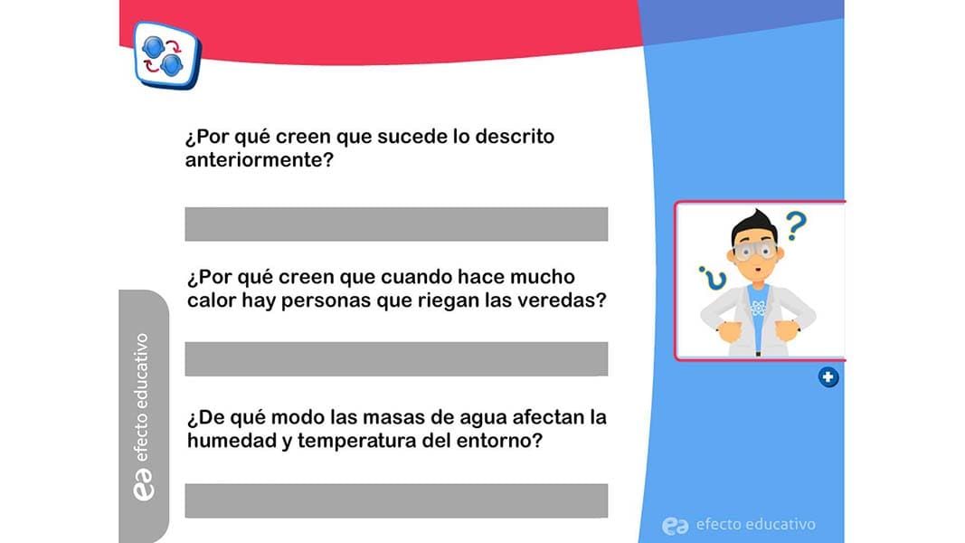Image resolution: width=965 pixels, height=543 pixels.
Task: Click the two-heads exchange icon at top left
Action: pyautogui.click(x=166, y=55)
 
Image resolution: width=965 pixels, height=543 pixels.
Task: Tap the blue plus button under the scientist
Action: pyautogui.click(x=828, y=376)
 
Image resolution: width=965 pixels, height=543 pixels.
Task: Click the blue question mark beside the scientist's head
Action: pyautogui.click(x=796, y=226)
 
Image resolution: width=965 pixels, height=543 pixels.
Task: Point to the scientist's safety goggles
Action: pyautogui.click(x=755, y=250)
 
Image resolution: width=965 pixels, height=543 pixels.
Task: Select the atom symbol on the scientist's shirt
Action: pyautogui.click(x=758, y=307)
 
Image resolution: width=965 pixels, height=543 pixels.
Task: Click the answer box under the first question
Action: pyautogui.click(x=396, y=224)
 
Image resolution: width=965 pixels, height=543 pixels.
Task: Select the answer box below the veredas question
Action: pyautogui.click(x=396, y=359)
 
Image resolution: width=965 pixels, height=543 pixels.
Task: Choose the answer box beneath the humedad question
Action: pyautogui.click(x=396, y=500)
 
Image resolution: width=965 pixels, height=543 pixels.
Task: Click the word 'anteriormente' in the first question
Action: pyautogui.click(x=259, y=160)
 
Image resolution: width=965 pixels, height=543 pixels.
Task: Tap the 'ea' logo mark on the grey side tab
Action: pyautogui.click(x=144, y=484)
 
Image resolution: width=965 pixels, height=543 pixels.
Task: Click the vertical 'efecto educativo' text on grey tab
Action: pyautogui.click(x=142, y=397)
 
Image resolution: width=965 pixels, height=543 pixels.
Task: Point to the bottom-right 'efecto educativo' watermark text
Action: pyautogui.click(x=756, y=525)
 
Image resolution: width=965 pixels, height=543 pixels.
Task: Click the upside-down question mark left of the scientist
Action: pyautogui.click(x=713, y=278)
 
